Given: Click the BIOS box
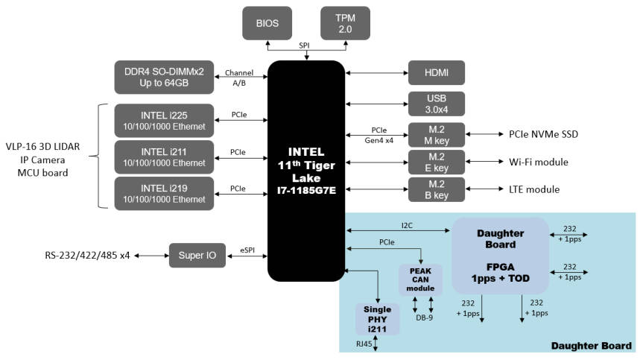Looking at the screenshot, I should (267, 23).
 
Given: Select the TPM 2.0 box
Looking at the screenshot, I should (344, 23).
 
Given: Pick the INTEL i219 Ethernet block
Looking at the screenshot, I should (165, 194).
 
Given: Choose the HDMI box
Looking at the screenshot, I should (436, 72).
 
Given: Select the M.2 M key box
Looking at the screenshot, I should (436, 135).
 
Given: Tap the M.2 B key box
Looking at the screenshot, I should (436, 189).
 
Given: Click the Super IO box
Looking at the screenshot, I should (197, 256).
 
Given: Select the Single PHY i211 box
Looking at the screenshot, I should (377, 318).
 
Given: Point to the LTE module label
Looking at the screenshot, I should (533, 189).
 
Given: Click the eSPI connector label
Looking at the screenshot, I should (248, 250).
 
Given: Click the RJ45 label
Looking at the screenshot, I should (364, 344).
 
